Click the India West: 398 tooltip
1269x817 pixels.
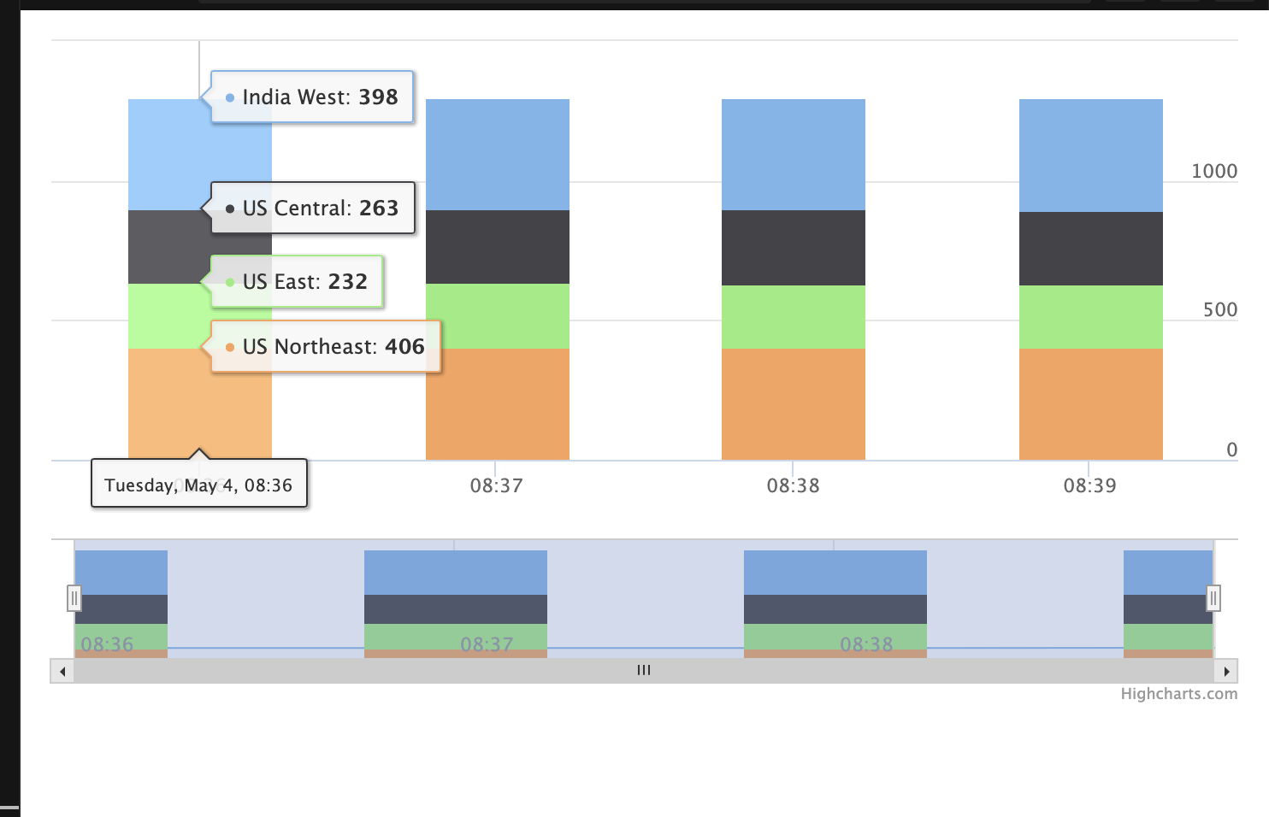(x=312, y=97)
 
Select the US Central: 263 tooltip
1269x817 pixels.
(x=313, y=209)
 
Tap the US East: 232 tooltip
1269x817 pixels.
(x=297, y=282)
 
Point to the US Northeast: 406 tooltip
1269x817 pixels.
(x=326, y=347)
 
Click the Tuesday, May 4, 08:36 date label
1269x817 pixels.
(x=198, y=485)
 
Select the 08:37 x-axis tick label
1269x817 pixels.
(x=496, y=486)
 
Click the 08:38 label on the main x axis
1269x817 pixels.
(x=793, y=486)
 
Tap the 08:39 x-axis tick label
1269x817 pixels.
(x=1089, y=486)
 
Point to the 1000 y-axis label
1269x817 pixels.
(x=1214, y=172)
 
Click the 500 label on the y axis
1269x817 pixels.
(x=1220, y=310)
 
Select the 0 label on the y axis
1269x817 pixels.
(x=1231, y=450)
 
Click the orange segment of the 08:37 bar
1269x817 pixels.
(x=498, y=404)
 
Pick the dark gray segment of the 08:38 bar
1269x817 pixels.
(x=794, y=248)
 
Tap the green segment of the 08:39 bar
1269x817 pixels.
(x=1090, y=317)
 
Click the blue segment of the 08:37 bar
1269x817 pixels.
(x=498, y=155)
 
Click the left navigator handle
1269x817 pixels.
(x=74, y=598)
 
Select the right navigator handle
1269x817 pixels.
(x=1213, y=598)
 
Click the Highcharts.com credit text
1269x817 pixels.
(x=1178, y=694)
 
